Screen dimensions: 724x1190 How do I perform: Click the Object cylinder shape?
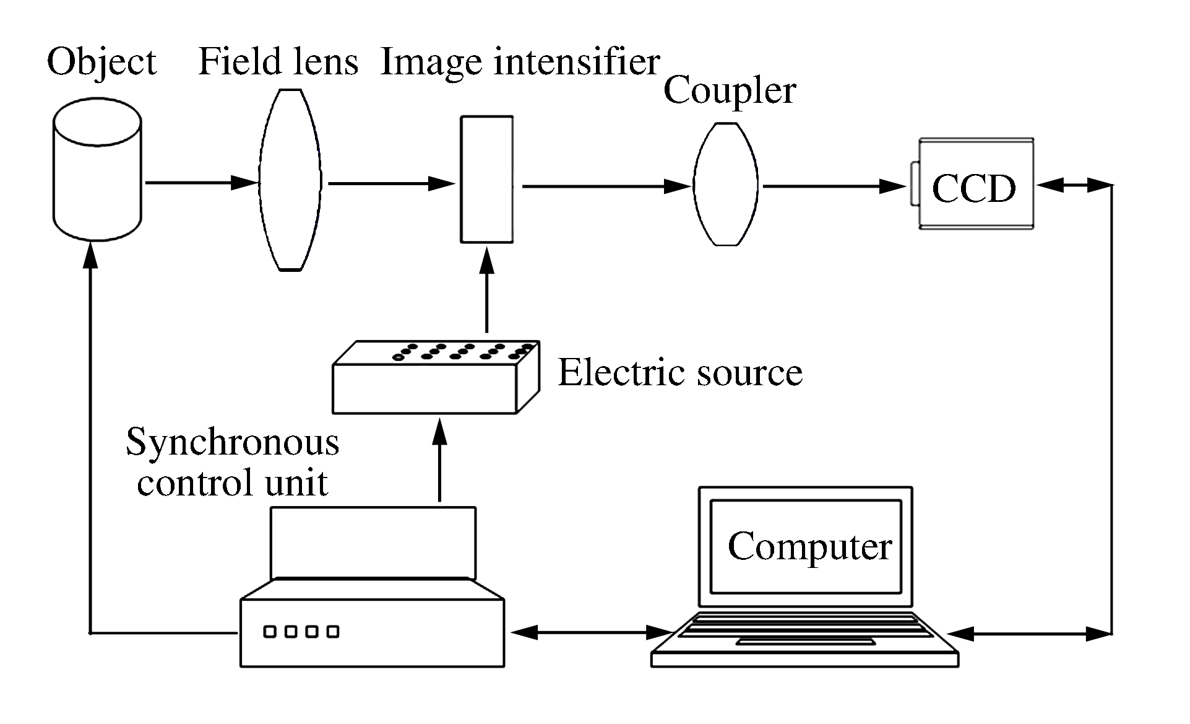pyautogui.click(x=97, y=173)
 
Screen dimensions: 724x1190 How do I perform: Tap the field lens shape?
pyautogui.click(x=290, y=180)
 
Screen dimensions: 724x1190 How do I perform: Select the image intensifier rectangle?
pyautogui.click(x=487, y=180)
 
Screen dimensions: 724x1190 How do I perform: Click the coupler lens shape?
pyautogui.click(x=725, y=185)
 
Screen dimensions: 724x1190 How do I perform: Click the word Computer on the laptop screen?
pyautogui.click(x=809, y=547)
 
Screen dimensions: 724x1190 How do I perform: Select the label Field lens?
pyautogui.click(x=278, y=63)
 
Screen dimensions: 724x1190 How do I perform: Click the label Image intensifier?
pyautogui.click(x=520, y=63)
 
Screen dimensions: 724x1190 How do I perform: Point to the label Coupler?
pyautogui.click(x=729, y=91)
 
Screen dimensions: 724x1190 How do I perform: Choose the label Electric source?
pyautogui.click(x=680, y=373)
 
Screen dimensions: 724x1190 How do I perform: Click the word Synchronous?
pyautogui.click(x=233, y=443)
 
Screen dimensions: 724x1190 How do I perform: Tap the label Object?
pyautogui.click(x=102, y=63)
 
